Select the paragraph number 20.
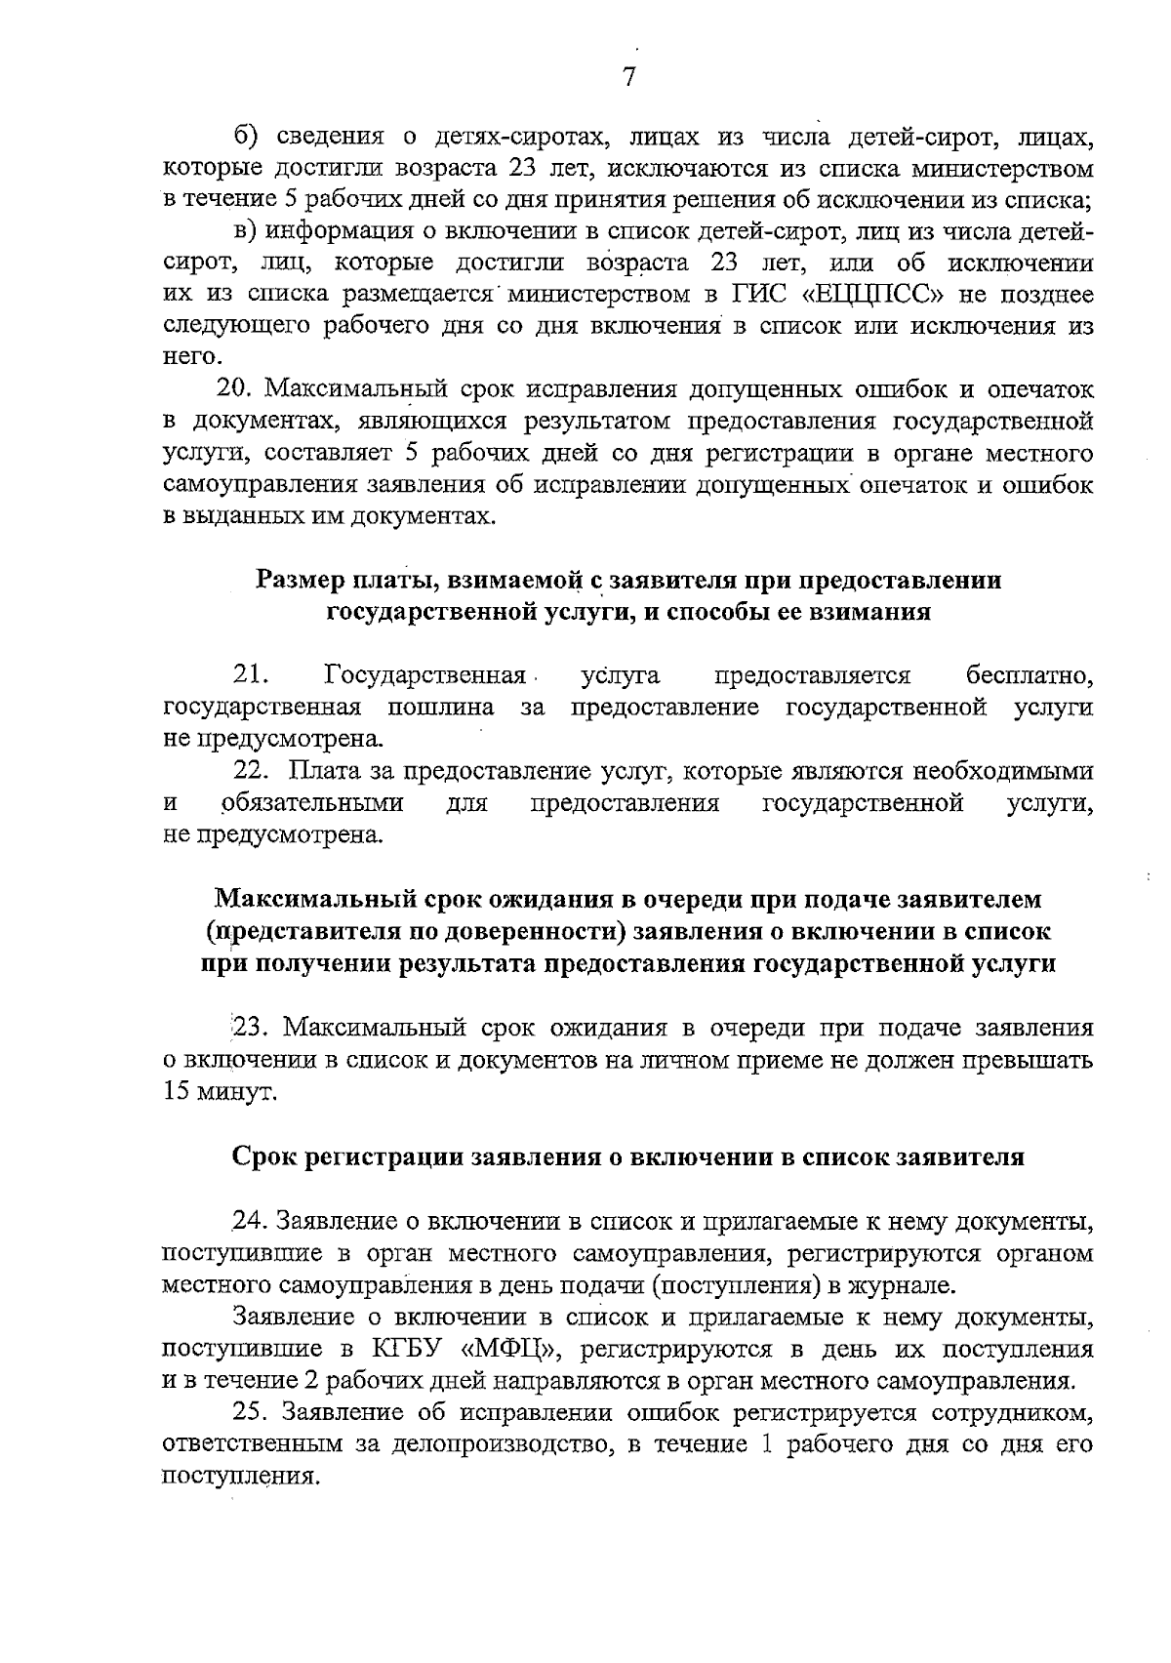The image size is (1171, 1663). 235,389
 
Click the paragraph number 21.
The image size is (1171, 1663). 251,674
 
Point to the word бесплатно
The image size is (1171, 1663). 1029,674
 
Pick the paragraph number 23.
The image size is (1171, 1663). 248,1028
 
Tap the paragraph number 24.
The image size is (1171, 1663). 250,1221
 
